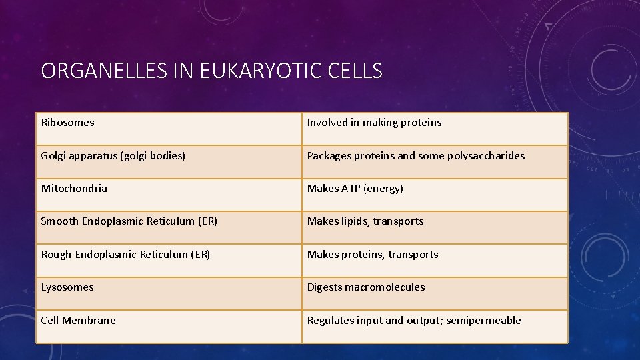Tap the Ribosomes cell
(68, 123)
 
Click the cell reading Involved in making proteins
(374, 123)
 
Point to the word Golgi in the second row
(54, 156)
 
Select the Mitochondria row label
(74, 189)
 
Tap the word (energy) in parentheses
(384, 189)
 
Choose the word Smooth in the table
(60, 221)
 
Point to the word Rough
(57, 255)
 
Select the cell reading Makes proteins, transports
(373, 255)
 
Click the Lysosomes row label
(67, 287)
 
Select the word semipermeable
(483, 321)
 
